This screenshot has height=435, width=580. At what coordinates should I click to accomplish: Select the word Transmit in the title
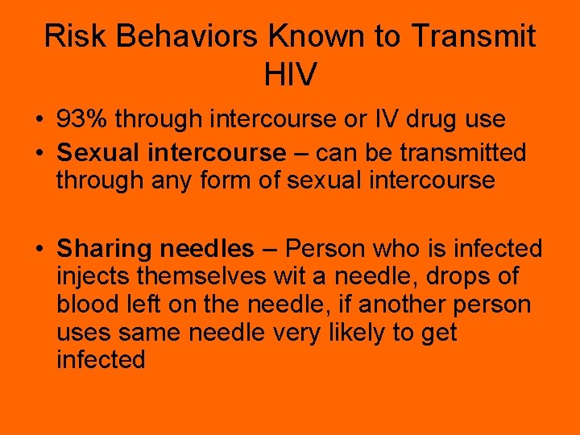[474, 36]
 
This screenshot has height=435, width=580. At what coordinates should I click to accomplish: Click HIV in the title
[290, 75]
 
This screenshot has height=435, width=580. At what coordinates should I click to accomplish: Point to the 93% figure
[83, 120]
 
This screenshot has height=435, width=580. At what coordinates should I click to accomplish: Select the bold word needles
[207, 250]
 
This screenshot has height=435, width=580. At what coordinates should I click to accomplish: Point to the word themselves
[201, 277]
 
